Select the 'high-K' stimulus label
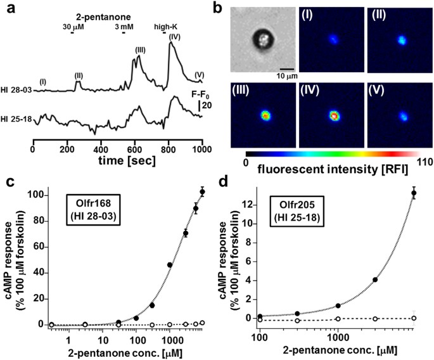click(x=167, y=27)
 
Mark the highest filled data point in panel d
click(x=414, y=193)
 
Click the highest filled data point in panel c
click(x=203, y=191)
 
